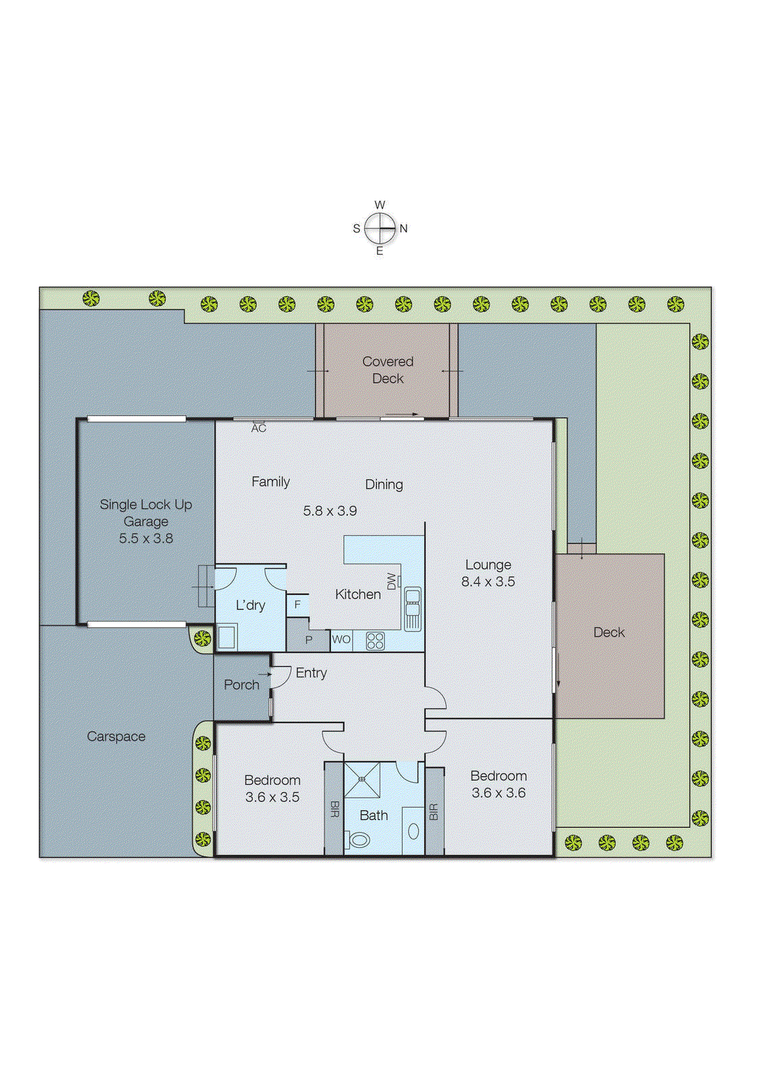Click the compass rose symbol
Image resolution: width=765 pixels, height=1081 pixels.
click(380, 228)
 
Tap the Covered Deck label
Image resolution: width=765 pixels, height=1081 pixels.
click(388, 370)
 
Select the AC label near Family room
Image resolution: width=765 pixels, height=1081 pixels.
click(259, 428)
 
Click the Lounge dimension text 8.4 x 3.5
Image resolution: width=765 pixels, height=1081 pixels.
click(487, 582)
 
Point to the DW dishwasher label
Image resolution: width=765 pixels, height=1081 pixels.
click(392, 581)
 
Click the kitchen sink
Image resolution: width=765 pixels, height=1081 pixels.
click(413, 609)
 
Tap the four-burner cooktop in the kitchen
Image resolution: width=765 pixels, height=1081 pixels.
click(375, 640)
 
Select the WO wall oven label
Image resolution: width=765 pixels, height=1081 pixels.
click(341, 640)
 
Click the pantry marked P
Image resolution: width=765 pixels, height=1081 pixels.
click(309, 640)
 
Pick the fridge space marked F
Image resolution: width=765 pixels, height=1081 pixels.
click(297, 605)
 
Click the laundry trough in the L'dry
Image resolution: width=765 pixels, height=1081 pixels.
click(226, 637)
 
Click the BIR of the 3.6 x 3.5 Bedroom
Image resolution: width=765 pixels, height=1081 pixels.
click(334, 809)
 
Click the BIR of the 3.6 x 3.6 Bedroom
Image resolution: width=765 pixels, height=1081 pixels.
click(433, 811)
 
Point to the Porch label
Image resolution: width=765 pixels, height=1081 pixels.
click(241, 685)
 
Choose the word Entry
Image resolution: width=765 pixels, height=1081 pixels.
click(311, 673)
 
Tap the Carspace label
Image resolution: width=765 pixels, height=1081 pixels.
click(116, 736)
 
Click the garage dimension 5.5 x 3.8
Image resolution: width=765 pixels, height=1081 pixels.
click(146, 538)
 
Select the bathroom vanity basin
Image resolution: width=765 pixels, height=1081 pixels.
click(413, 831)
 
